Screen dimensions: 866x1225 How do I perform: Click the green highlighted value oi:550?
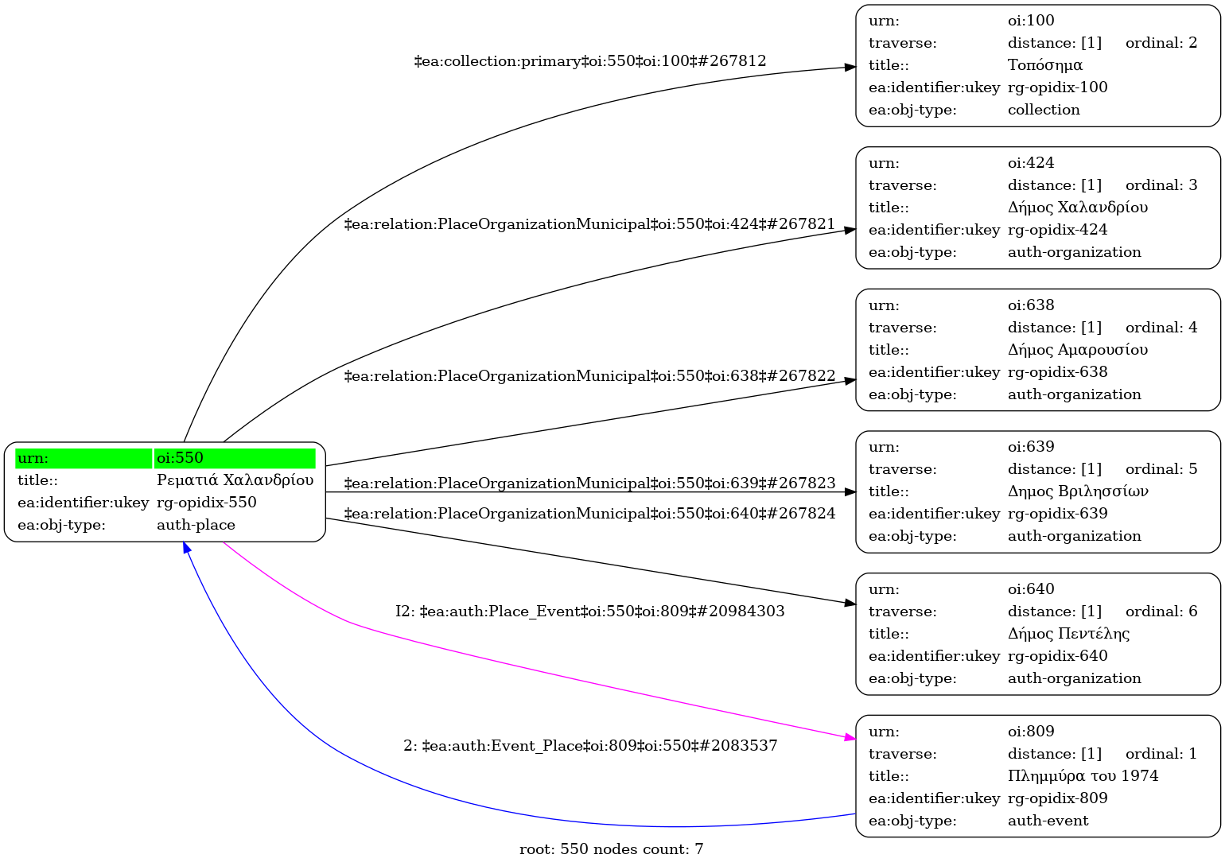tap(180, 458)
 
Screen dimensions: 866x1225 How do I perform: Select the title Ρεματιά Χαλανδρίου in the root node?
tap(235, 480)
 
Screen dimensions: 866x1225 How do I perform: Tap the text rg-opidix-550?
tap(206, 503)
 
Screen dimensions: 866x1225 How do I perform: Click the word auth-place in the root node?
tap(196, 525)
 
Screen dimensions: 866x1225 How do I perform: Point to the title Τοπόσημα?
tap(1044, 65)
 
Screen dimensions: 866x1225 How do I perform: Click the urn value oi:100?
tap(1031, 21)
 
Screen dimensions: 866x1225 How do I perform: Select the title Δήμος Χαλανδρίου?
tap(1077, 208)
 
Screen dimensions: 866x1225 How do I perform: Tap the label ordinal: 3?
tap(1161, 185)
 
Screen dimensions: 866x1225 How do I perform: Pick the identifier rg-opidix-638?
tap(1057, 372)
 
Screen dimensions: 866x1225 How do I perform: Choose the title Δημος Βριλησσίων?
tap(1077, 491)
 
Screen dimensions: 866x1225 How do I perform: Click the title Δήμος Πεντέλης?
tap(1068, 634)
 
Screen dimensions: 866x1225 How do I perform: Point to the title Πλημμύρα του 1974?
tap(1083, 776)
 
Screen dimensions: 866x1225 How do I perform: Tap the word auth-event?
tap(1048, 821)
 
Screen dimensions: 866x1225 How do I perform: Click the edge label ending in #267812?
tap(590, 61)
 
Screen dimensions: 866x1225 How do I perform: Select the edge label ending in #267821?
tap(589, 224)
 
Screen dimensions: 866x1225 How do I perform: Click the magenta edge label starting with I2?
tap(589, 612)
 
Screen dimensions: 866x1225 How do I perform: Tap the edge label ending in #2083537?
tap(589, 746)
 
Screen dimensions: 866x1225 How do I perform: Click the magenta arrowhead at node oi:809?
tap(850, 739)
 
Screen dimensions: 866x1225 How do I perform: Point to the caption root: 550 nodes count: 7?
tap(611, 849)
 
